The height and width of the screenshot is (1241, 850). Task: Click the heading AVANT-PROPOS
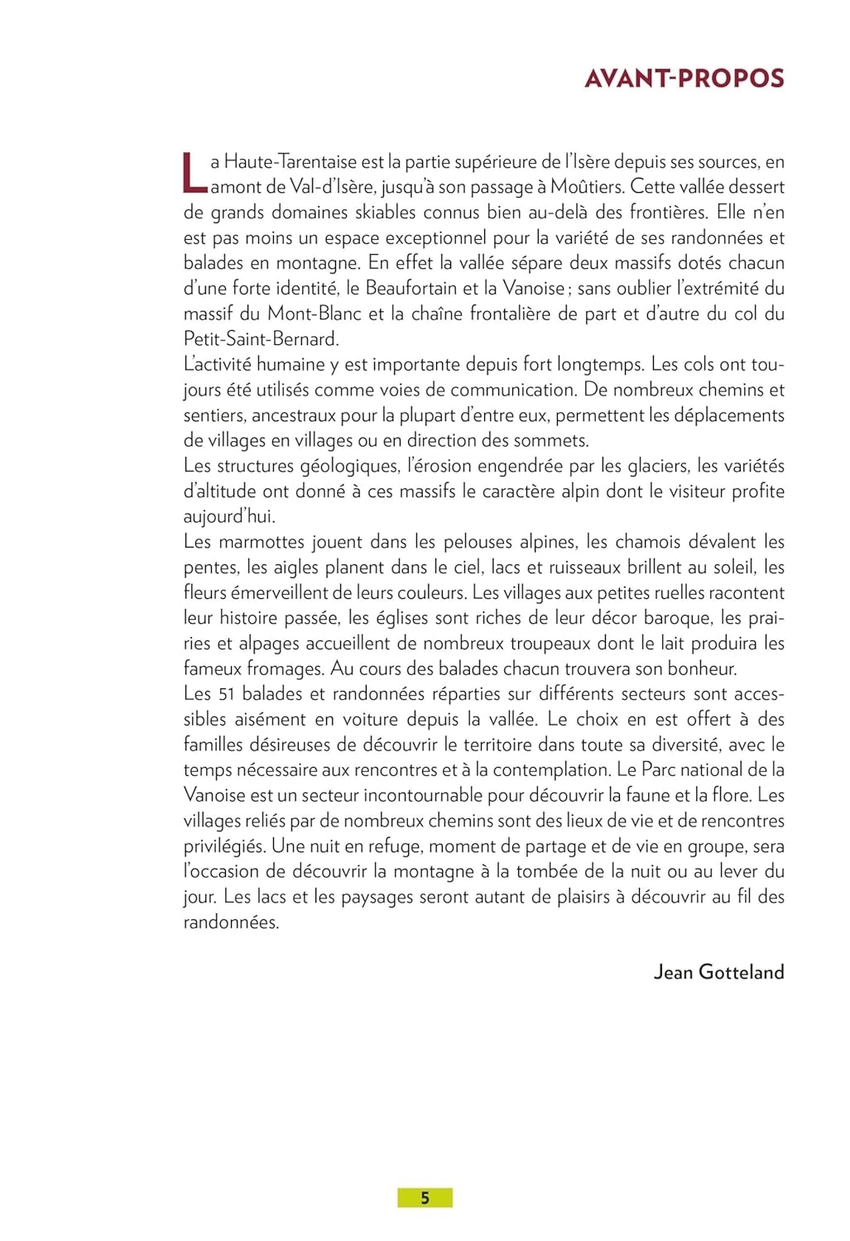[x=684, y=79]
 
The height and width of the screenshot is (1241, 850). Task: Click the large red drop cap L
[x=194, y=172]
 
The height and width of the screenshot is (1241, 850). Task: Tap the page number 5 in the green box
[x=425, y=1197]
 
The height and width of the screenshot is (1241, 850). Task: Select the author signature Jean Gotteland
[x=718, y=971]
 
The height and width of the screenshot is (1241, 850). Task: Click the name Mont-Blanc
[x=315, y=314]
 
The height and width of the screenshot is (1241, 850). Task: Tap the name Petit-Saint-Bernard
[x=261, y=339]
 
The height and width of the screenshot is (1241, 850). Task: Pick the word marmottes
[x=258, y=542]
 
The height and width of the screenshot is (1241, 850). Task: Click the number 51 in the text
[x=227, y=694]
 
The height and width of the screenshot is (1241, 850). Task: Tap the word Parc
[x=659, y=770]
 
